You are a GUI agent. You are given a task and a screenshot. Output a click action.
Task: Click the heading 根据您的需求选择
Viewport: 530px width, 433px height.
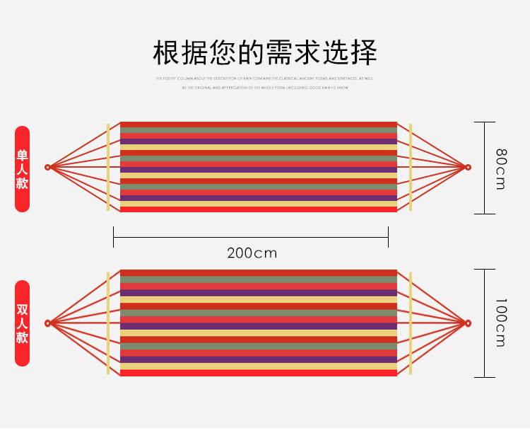tap(265, 53)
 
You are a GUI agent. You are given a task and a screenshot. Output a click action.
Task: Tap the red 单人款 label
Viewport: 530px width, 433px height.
tap(23, 168)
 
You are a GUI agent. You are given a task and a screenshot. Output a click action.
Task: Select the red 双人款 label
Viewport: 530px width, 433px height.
tap(23, 323)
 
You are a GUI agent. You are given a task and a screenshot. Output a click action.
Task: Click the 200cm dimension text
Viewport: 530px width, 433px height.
tap(252, 253)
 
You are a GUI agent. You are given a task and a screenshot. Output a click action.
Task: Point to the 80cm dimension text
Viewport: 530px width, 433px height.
tap(500, 168)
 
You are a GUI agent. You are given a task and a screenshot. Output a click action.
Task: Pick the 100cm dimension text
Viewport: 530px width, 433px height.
tap(500, 323)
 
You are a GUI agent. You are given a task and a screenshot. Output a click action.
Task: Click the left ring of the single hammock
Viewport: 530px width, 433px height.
tap(48, 168)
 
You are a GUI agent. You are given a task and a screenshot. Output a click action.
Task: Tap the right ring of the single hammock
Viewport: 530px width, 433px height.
tap(467, 168)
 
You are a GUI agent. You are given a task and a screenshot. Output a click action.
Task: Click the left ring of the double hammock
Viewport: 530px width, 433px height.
tap(48, 323)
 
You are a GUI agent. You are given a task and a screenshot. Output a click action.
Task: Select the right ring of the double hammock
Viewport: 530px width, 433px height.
tap(467, 323)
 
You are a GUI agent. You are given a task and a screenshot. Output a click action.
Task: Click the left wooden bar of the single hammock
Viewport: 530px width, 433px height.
tap(108, 168)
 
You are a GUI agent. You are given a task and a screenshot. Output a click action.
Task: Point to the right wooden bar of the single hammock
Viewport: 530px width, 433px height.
tap(410, 168)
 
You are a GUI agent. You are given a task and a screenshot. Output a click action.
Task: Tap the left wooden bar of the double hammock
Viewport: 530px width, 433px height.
tap(108, 323)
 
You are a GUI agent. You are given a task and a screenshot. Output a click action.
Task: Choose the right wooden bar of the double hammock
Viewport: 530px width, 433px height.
tap(410, 323)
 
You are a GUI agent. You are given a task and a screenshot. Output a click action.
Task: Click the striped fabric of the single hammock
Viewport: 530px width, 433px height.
tap(259, 167)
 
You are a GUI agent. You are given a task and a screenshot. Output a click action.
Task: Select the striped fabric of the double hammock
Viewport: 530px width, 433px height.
tap(259, 323)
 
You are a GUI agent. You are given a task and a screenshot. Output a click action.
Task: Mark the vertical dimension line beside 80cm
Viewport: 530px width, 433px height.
tap(484, 168)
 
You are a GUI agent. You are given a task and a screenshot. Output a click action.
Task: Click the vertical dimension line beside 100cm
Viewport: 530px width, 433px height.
tap(484, 323)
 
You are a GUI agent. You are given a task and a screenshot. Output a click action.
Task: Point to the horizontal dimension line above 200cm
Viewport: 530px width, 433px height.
tap(251, 237)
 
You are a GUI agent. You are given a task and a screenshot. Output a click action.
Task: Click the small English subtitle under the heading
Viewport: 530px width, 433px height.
tap(265, 83)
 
